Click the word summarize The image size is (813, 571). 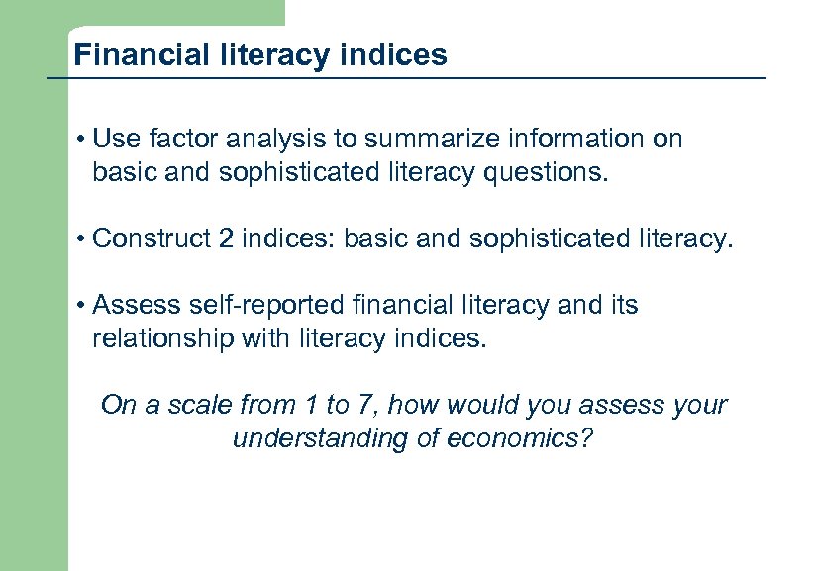point(420,140)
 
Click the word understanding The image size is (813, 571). point(309,438)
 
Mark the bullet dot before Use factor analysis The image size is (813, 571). point(79,141)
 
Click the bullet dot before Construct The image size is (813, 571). point(79,239)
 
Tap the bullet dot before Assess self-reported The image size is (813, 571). point(79,306)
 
